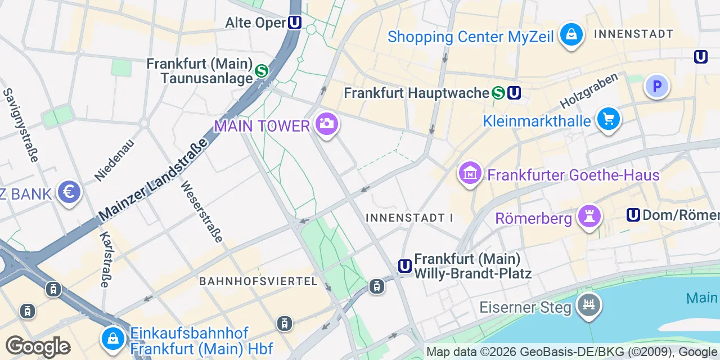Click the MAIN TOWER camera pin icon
(326, 123)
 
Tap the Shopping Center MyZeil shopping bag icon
(571, 35)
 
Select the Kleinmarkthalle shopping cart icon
(609, 119)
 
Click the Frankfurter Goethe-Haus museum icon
(470, 173)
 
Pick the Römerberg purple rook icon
(589, 216)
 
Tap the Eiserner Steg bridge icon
(589, 305)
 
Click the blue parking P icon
(656, 86)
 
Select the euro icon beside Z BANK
(69, 192)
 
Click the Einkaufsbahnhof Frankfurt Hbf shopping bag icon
(113, 338)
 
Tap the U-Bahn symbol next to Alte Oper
(295, 22)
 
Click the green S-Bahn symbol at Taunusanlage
(261, 71)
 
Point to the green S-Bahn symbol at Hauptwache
(498, 93)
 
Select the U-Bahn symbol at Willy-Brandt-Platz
(404, 266)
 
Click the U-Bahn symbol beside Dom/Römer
(633, 215)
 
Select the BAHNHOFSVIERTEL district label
(259, 281)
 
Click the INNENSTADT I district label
(409, 217)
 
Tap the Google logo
(38, 346)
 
